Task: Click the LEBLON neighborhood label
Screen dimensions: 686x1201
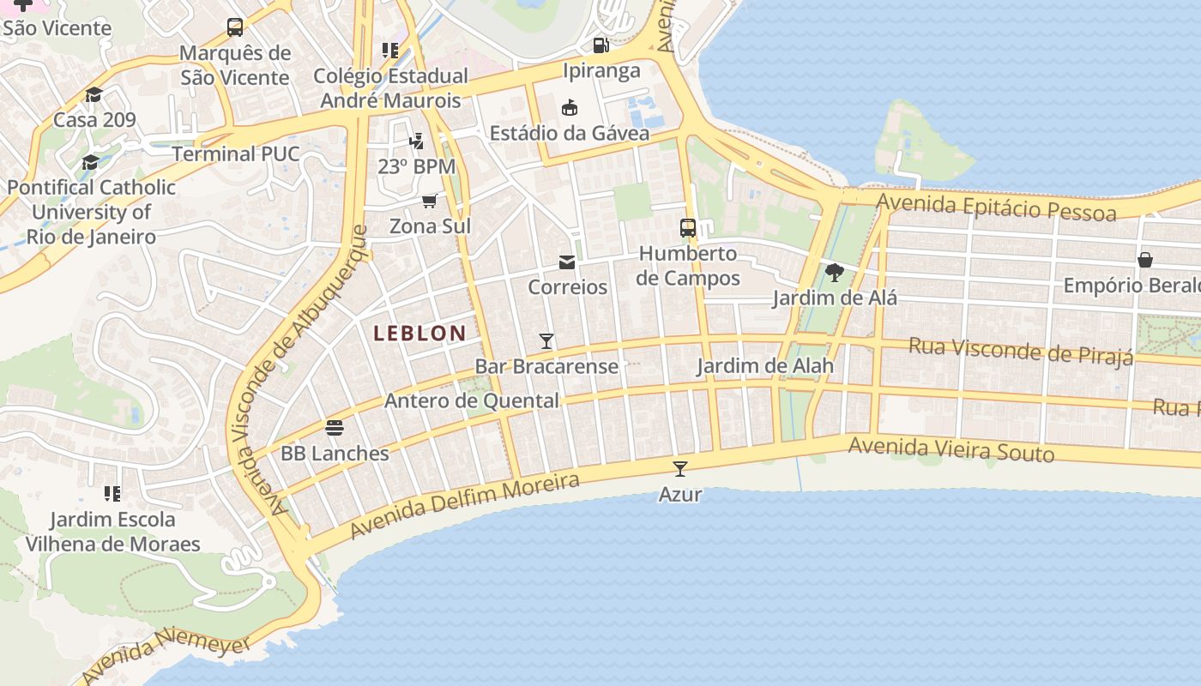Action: coord(420,334)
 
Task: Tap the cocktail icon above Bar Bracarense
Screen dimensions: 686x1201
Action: coord(546,341)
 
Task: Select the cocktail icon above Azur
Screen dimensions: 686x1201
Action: coord(680,468)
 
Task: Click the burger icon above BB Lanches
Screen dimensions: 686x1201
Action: coord(335,427)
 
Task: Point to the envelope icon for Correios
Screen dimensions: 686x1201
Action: coord(567,262)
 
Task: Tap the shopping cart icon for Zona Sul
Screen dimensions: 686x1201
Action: coord(429,201)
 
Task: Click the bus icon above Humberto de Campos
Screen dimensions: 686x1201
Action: coord(688,227)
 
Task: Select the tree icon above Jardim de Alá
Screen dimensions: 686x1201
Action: coord(834,273)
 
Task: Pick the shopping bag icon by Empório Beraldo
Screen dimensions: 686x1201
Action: coord(1144,259)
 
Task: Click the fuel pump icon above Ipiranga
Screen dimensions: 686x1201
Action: coord(600,45)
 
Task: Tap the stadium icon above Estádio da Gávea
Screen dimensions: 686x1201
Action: coord(569,107)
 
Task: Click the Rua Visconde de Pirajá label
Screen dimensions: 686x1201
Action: coord(1021,350)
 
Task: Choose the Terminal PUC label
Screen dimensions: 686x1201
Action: coord(236,154)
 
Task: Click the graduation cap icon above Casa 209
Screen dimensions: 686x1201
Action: coord(94,94)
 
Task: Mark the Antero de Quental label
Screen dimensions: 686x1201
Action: coord(471,400)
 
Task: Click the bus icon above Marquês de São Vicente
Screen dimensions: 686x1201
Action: coord(235,27)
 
